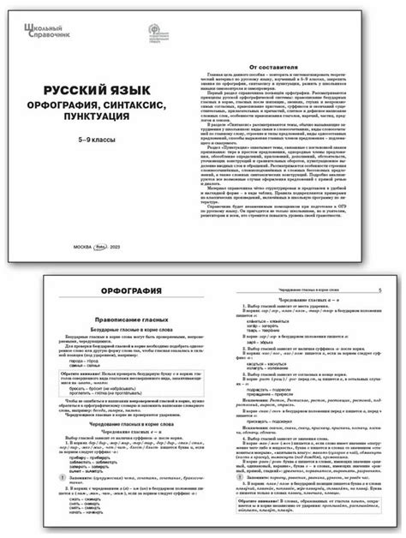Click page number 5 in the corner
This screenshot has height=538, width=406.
378,291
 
